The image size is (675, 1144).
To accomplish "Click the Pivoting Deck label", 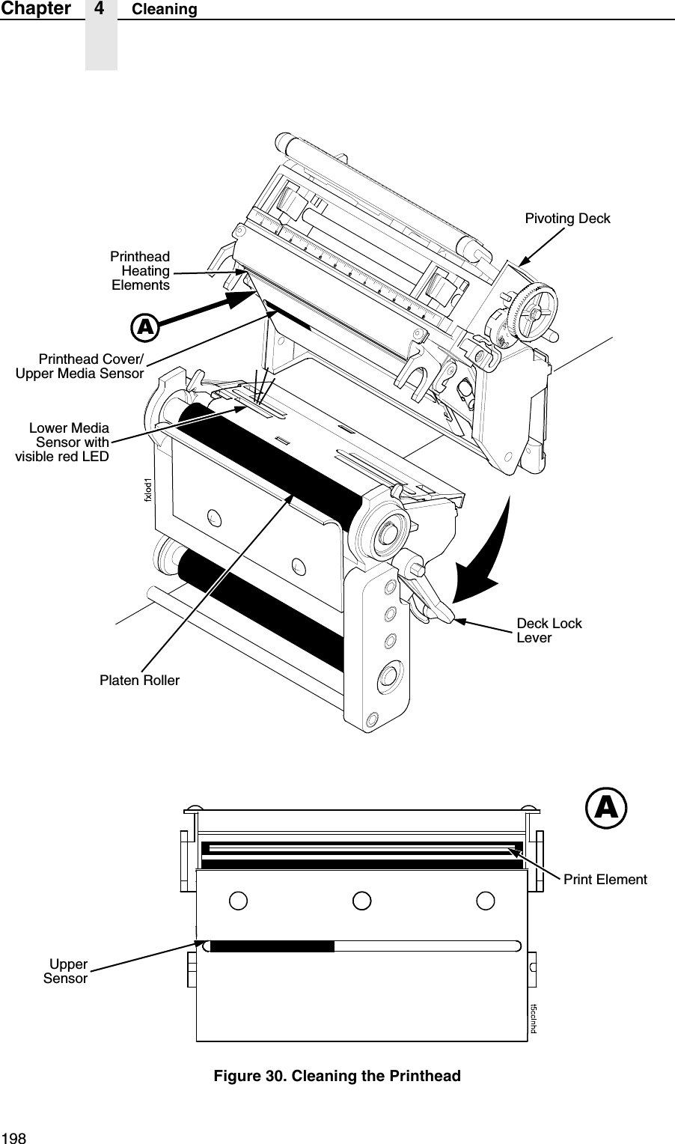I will coord(567,219).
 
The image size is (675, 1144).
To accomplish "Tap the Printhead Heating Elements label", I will coord(141,271).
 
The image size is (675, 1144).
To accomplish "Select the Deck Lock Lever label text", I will coord(549,630).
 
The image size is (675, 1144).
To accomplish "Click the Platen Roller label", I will coord(140,681).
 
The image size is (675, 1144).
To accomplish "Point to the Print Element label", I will coord(605,879).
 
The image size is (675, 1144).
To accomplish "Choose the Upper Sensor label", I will coord(66,971).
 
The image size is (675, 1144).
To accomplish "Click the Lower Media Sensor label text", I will coord(63,442).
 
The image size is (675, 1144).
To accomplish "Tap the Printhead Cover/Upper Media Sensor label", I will coord(80,365).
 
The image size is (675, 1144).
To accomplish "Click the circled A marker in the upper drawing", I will coord(144,327).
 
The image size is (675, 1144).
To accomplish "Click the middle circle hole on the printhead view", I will coord(361,900).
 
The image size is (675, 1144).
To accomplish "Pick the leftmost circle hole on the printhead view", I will coord(238,900).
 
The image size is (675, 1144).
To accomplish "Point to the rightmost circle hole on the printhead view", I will coord(485,900).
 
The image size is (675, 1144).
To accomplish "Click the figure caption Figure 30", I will coord(337,1076).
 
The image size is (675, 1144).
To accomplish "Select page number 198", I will coord(13,1137).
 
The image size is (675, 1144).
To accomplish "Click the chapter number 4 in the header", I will coord(100,9).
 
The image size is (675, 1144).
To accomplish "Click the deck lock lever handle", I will coord(430,599).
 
